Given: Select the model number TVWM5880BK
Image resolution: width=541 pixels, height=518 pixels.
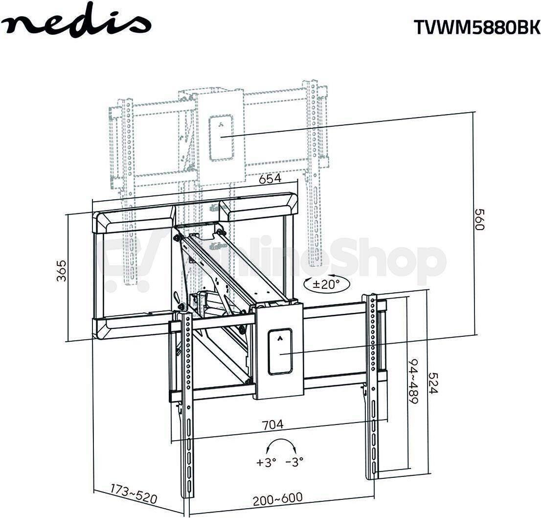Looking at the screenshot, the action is click(477, 26).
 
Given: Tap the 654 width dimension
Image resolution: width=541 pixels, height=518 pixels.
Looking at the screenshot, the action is click(270, 179).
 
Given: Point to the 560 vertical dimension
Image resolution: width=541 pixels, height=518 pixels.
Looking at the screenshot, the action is click(479, 219).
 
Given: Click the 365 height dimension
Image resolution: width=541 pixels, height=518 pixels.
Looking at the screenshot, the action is click(62, 270).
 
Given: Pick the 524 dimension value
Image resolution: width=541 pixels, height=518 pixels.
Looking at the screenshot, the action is click(433, 383).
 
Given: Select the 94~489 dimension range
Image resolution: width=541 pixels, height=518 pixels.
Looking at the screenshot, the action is click(413, 381).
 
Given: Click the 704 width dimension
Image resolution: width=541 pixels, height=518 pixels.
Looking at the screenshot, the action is click(272, 424).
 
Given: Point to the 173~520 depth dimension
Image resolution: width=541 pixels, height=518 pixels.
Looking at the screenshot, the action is click(134, 494).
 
